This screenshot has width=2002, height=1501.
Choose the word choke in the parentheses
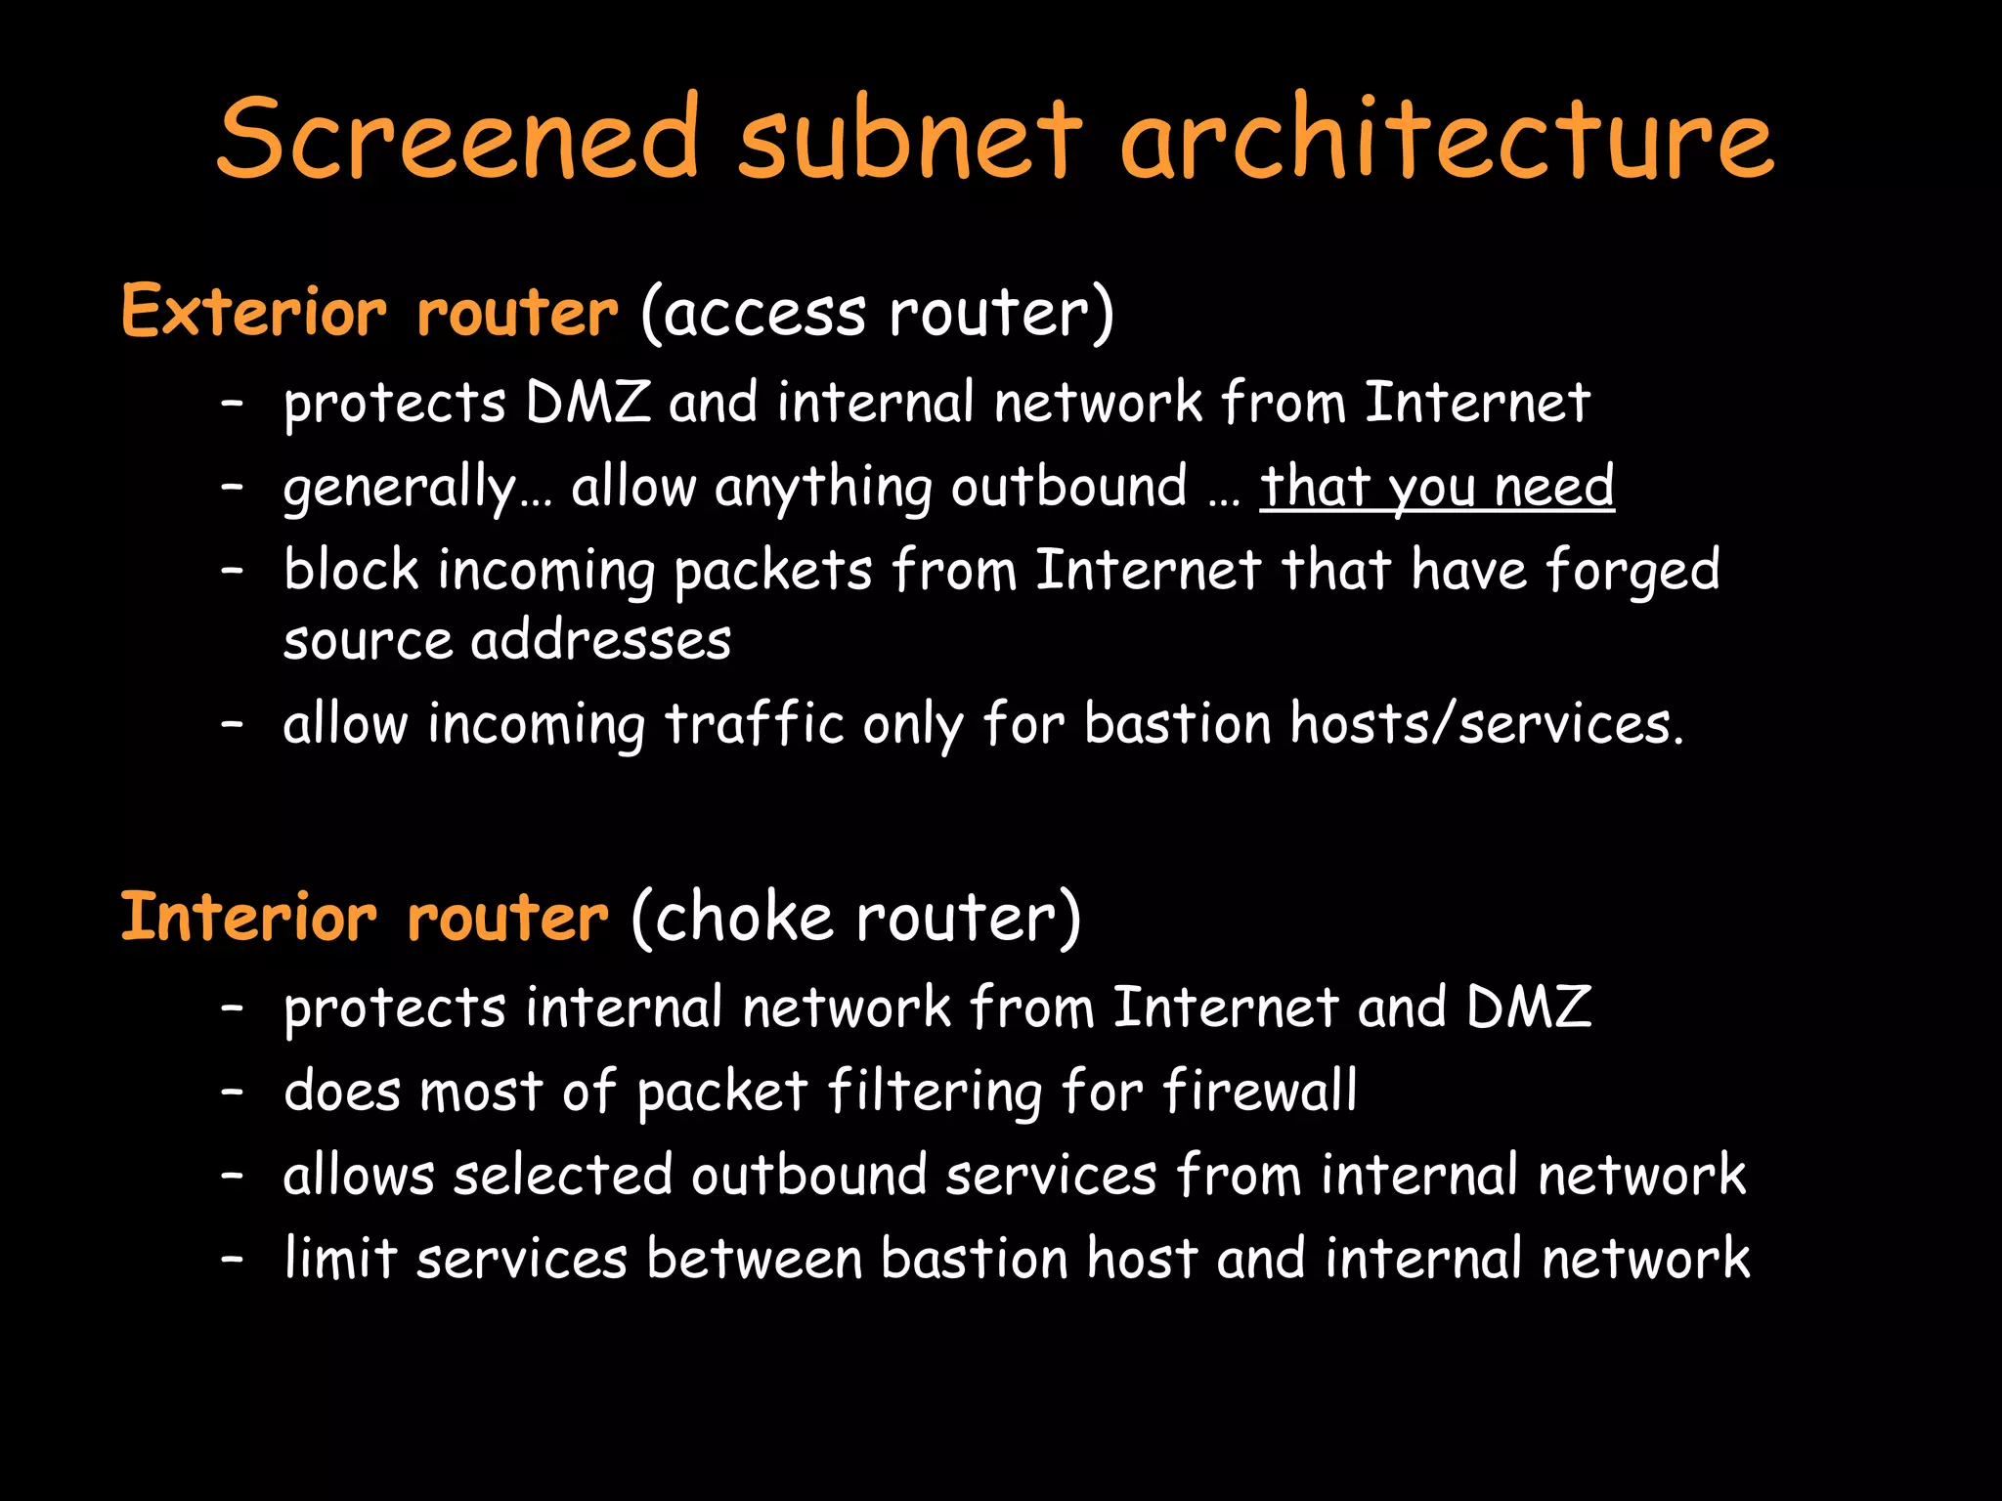coord(744,919)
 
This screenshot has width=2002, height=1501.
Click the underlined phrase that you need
coord(1437,487)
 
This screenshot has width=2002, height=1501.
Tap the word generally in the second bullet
coord(399,489)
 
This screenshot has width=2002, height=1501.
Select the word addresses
coord(600,641)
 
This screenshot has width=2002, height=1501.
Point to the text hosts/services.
coord(1487,724)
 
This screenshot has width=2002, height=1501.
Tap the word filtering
coord(935,1092)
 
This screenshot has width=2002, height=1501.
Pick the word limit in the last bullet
coord(340,1258)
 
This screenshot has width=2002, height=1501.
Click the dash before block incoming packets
coord(232,571)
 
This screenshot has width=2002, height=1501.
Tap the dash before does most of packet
coord(232,1092)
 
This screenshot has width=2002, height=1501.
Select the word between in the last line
coord(754,1258)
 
